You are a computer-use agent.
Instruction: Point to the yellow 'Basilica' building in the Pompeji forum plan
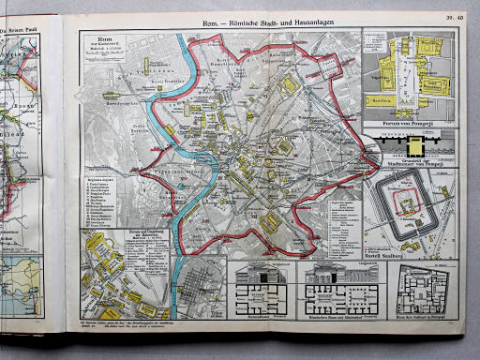click(385, 97)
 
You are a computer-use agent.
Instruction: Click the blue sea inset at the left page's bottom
click(23, 286)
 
